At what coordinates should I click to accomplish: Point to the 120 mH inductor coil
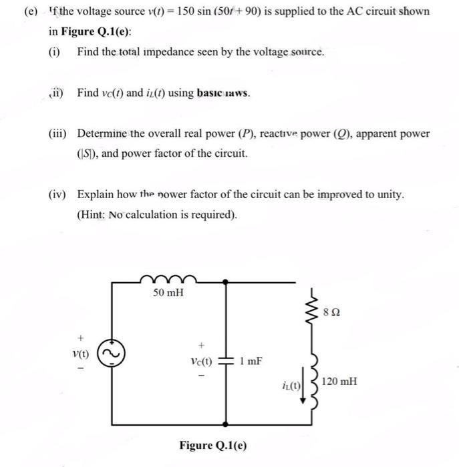(x=310, y=381)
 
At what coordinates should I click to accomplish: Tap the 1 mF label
(x=251, y=362)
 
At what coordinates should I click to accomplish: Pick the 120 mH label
(x=339, y=382)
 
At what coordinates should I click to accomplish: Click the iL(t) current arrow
(x=303, y=387)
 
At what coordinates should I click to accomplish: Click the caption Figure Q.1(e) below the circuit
(x=212, y=445)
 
